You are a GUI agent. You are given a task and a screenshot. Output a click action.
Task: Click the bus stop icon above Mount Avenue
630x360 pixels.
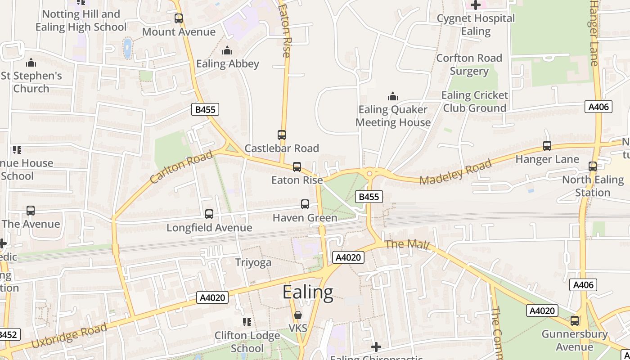coord(179,18)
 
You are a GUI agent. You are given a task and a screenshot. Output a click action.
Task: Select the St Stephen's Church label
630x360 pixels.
coord(31,82)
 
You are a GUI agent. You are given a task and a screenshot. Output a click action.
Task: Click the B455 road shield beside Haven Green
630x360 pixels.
coord(369,196)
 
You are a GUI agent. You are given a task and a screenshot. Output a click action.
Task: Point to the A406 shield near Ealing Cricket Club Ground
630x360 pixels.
coord(599,107)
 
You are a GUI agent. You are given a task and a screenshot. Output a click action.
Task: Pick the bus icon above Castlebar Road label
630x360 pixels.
coord(282,135)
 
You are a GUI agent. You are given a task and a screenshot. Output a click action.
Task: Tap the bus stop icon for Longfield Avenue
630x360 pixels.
coord(209,214)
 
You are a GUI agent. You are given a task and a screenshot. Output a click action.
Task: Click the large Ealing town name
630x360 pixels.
coord(308,292)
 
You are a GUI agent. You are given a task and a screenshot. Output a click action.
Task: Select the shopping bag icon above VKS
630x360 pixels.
coord(297,315)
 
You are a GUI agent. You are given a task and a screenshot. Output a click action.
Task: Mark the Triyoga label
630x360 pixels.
coord(253,262)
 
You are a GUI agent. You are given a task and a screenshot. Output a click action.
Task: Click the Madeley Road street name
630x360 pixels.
coord(455,172)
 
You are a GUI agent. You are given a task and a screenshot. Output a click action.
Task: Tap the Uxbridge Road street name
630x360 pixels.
coord(69,336)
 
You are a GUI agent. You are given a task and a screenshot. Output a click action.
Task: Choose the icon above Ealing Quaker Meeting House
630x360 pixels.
coord(393,96)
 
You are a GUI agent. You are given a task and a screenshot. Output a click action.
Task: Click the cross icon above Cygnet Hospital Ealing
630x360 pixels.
coord(476,5)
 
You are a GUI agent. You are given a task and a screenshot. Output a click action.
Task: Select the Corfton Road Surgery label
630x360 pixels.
coord(469,65)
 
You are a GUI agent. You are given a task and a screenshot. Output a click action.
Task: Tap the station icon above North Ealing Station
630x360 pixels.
coord(593,166)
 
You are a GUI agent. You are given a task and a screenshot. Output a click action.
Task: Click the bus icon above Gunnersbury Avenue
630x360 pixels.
coord(575,321)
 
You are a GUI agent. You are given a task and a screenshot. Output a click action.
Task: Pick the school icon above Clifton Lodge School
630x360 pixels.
coord(247,322)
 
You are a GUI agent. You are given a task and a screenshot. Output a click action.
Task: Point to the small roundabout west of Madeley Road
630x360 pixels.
coord(369,173)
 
